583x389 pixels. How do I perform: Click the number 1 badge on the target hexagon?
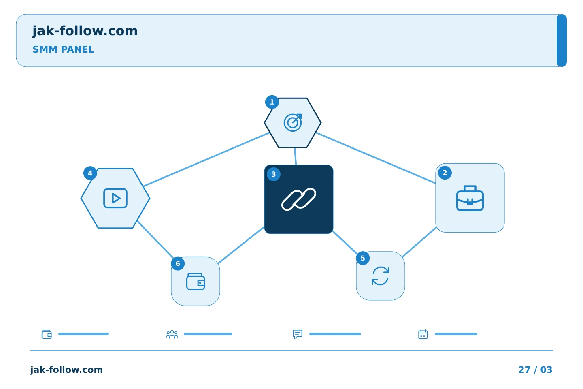tap(272, 102)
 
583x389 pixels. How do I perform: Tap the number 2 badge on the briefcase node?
tap(445, 173)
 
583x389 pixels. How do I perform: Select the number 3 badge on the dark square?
tap(274, 174)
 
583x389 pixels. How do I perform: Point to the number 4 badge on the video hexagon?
tap(90, 173)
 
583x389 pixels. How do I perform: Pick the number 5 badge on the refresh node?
tap(363, 258)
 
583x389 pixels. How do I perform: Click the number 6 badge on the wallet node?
tap(178, 264)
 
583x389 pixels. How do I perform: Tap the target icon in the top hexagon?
tap(293, 122)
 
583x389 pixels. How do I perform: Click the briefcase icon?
tap(470, 198)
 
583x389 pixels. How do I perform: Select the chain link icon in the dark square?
tap(299, 199)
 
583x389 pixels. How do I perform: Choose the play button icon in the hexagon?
tap(115, 198)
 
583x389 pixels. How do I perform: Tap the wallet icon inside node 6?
tap(196, 281)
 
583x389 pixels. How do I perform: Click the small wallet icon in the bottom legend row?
tap(47, 334)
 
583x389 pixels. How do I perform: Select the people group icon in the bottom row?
tap(172, 334)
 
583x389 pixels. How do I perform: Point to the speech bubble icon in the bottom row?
tap(298, 334)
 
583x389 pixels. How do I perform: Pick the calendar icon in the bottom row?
tap(423, 334)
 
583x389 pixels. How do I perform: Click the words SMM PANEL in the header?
tap(63, 49)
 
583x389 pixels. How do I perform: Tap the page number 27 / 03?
tap(535, 370)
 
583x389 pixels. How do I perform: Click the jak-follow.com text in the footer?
tap(66, 370)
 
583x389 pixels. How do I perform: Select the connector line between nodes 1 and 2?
tap(376, 158)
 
